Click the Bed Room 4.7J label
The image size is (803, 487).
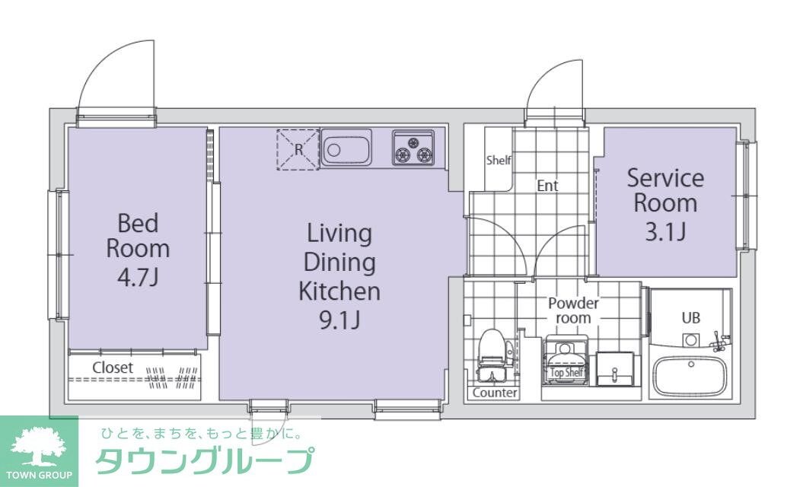point(138,249)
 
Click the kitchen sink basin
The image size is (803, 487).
point(346,148)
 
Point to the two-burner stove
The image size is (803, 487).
point(413,148)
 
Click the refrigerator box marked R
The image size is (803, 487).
point(298,149)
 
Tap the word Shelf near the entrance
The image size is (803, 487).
point(499,161)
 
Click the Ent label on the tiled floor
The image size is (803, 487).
point(547,186)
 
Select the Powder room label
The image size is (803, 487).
point(573,310)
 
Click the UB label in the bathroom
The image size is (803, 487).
point(690,318)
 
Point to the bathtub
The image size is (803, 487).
point(690,376)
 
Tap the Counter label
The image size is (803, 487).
point(495,393)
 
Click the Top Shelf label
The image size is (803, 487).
point(566,373)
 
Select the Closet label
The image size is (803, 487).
point(113,368)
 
